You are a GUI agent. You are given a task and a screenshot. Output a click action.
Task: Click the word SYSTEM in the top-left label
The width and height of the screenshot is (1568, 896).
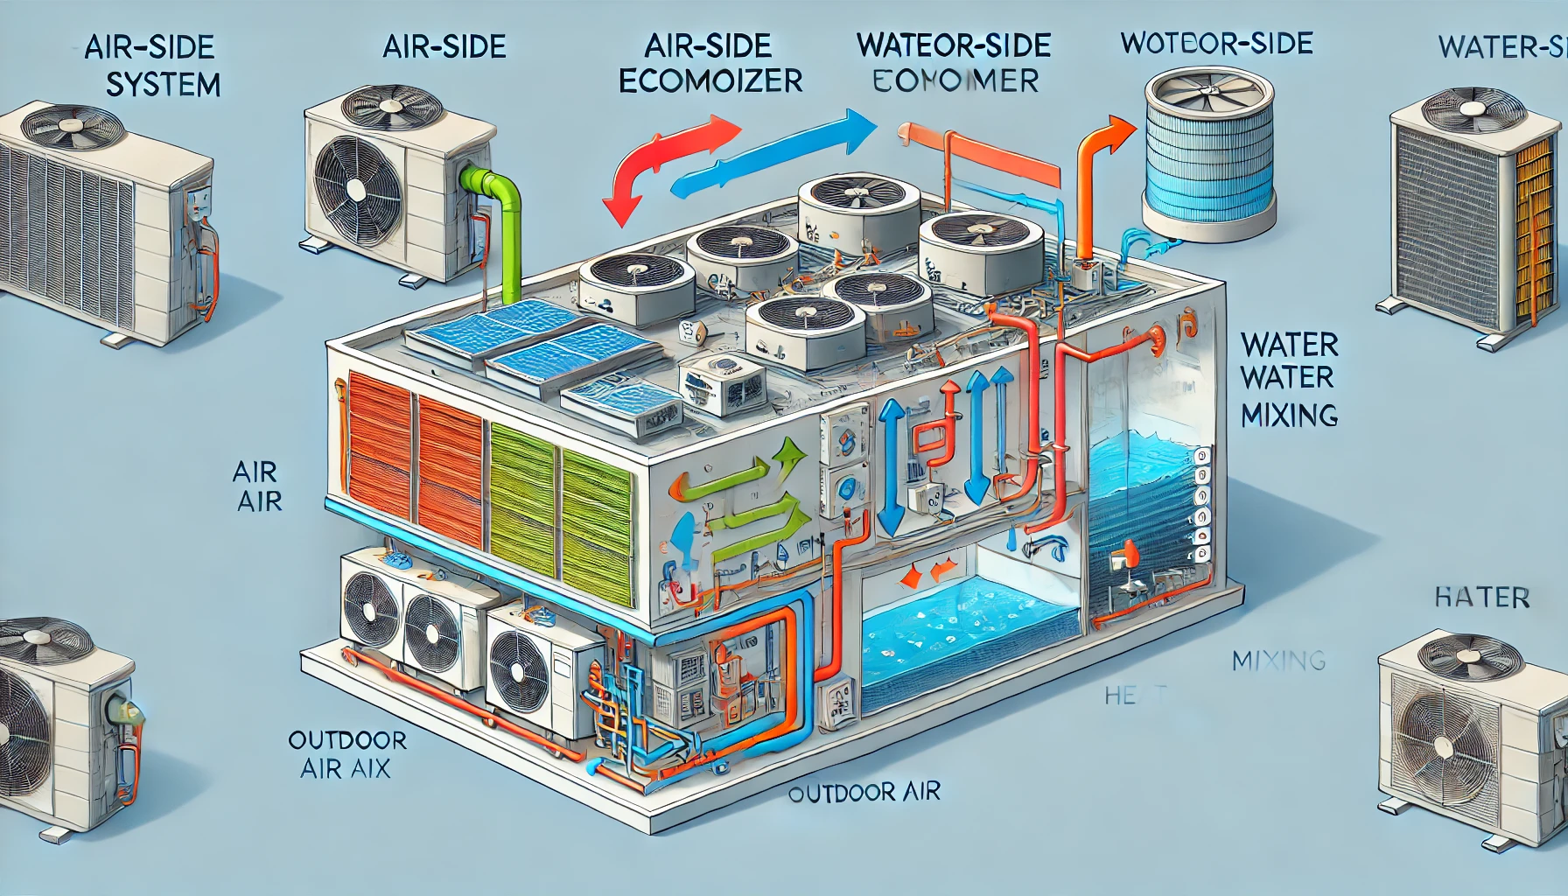coord(163,85)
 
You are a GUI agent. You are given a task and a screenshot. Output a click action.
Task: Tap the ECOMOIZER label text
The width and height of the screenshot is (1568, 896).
coord(710,80)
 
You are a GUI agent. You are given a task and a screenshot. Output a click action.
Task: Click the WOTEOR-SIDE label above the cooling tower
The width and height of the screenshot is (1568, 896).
coord(1216,43)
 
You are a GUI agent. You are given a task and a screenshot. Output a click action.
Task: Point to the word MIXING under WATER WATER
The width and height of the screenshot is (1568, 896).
coord(1289,414)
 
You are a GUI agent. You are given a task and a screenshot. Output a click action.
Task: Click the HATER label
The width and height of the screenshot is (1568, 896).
coord(1481,598)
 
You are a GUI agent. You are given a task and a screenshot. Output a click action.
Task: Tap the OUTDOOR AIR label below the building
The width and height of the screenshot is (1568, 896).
coord(864,793)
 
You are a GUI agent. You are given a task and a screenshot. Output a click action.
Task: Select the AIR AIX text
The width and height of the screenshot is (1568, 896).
coord(345,769)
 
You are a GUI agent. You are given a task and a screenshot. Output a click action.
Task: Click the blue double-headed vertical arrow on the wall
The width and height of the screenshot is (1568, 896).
coord(892,468)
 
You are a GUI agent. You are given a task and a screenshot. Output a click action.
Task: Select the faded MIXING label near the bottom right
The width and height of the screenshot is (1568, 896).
coord(1278,660)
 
